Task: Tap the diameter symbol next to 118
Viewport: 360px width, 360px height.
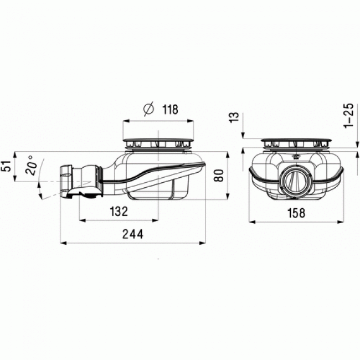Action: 148,110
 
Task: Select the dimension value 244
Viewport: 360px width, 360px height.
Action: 132,234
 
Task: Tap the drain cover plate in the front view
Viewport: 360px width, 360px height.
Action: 296,139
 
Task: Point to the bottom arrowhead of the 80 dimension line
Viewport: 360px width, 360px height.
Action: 228,198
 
